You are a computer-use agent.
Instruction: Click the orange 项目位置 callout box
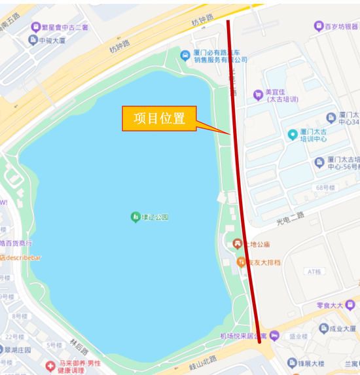tap(159, 118)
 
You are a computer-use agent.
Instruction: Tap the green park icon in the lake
tap(135, 217)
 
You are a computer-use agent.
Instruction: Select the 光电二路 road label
tap(291, 215)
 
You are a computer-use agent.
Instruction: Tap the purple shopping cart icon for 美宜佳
tap(258, 95)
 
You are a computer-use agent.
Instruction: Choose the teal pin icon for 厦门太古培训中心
tap(293, 135)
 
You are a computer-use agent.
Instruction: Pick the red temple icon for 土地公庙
tap(237, 244)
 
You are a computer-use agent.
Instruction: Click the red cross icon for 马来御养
tap(50, 365)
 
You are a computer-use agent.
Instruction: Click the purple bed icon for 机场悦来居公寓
tap(274, 336)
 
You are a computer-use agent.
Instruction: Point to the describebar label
tap(23, 257)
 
